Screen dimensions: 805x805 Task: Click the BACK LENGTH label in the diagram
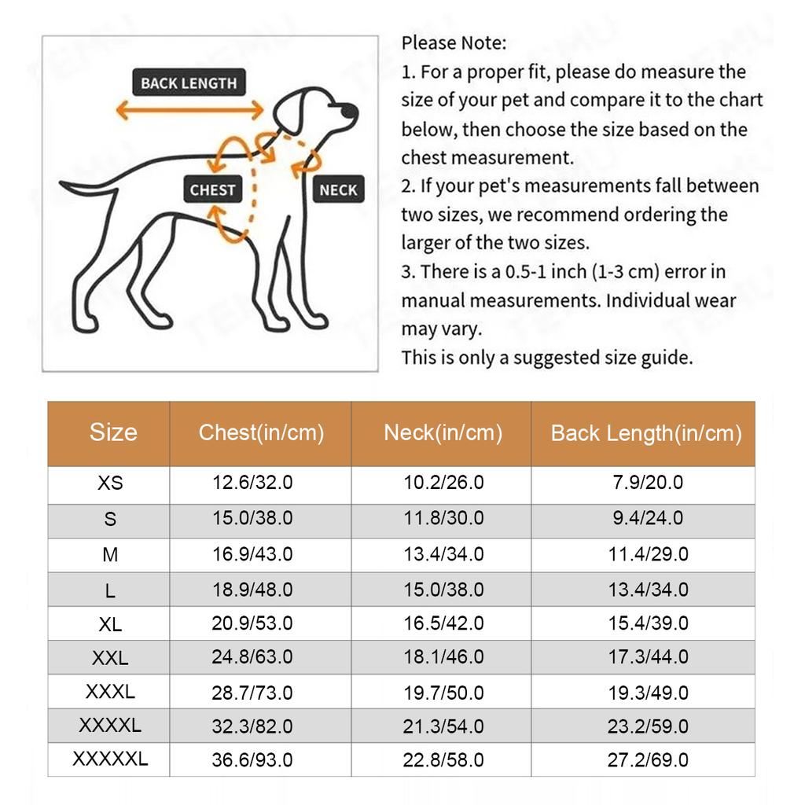(x=189, y=83)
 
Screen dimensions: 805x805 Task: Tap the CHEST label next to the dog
(x=212, y=189)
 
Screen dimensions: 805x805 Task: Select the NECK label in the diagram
(x=338, y=189)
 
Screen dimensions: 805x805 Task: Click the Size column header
(x=113, y=432)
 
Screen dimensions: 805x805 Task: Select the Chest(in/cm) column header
(x=261, y=432)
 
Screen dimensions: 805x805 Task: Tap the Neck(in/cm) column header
(x=443, y=432)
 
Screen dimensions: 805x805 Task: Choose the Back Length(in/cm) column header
(x=646, y=433)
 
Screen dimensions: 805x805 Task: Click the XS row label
(x=110, y=483)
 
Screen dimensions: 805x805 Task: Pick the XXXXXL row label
(x=110, y=759)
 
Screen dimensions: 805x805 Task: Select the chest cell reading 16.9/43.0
(x=252, y=554)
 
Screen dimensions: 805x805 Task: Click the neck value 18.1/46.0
(x=443, y=656)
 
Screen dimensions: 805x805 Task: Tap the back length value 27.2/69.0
(x=648, y=760)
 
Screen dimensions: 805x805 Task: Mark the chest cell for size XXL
(x=252, y=656)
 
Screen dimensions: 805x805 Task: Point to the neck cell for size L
(x=443, y=590)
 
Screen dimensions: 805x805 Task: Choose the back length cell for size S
(x=648, y=518)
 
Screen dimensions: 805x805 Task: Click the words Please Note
(x=454, y=42)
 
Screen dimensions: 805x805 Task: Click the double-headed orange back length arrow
(x=189, y=110)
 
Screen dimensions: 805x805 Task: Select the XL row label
(x=110, y=624)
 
